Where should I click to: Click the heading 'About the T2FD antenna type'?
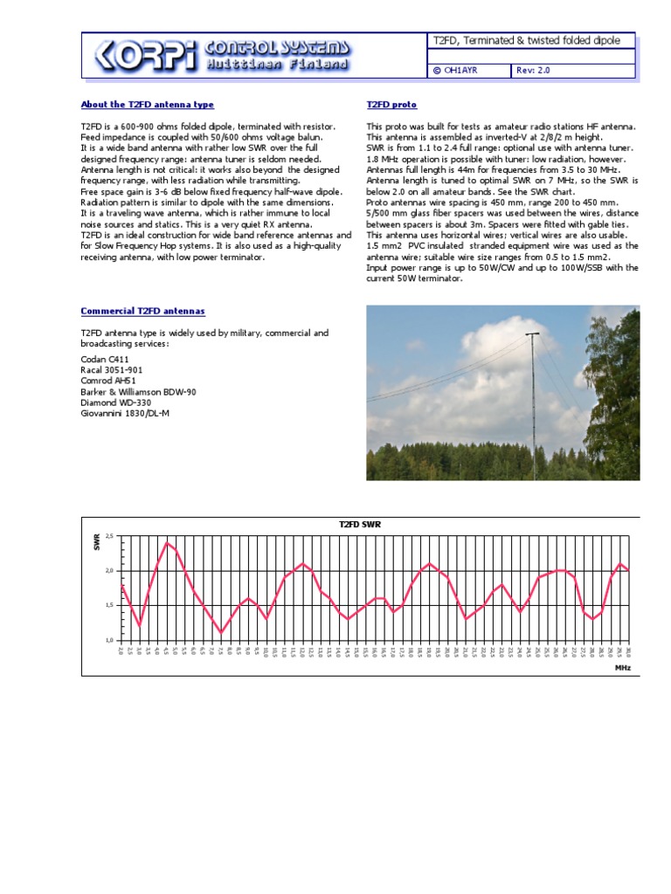pyautogui.click(x=147, y=105)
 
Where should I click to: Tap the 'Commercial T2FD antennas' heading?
pyautogui.click(x=142, y=311)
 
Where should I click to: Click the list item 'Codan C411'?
pyautogui.click(x=104, y=359)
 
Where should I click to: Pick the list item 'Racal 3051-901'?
pyautogui.click(x=112, y=370)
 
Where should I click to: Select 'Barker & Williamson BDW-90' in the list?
pyautogui.click(x=138, y=392)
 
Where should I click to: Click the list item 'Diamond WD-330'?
pyautogui.click(x=115, y=402)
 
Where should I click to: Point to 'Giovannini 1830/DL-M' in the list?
pyautogui.click(x=125, y=413)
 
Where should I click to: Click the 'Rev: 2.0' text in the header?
pyautogui.click(x=534, y=70)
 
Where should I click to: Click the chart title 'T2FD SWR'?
pyautogui.click(x=360, y=524)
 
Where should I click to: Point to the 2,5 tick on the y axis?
pyautogui.click(x=109, y=535)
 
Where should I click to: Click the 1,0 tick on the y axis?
pyautogui.click(x=109, y=640)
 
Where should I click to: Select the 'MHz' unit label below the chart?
pyautogui.click(x=622, y=667)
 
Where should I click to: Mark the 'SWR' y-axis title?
pyautogui.click(x=97, y=543)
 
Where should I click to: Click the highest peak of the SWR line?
pyautogui.click(x=166, y=542)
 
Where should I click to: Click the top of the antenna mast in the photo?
pyautogui.click(x=531, y=334)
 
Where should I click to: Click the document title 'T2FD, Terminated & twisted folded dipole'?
pyautogui.click(x=529, y=41)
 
